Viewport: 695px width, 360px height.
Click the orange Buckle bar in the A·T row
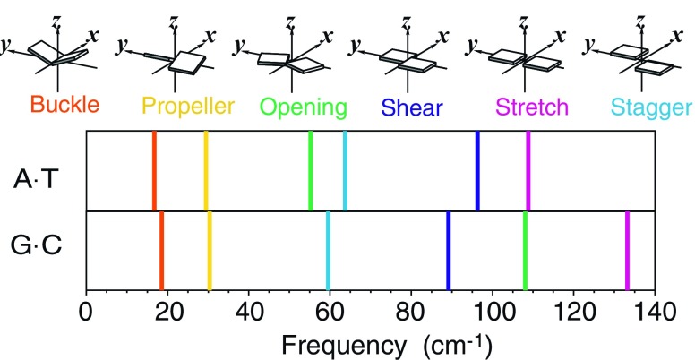click(x=154, y=171)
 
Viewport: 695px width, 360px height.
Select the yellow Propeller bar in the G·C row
click(x=210, y=251)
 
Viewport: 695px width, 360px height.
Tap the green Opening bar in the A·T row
click(x=310, y=171)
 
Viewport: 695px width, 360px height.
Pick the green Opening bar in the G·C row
click(x=525, y=251)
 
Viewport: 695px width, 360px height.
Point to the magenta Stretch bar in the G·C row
click(x=627, y=251)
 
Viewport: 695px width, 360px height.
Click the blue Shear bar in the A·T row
click(x=477, y=171)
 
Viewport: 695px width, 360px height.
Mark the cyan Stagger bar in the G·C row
click(x=328, y=251)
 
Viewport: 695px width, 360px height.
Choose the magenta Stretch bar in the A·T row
click(x=528, y=171)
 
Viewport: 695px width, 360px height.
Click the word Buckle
click(x=64, y=107)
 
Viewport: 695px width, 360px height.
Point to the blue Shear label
click(x=413, y=107)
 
